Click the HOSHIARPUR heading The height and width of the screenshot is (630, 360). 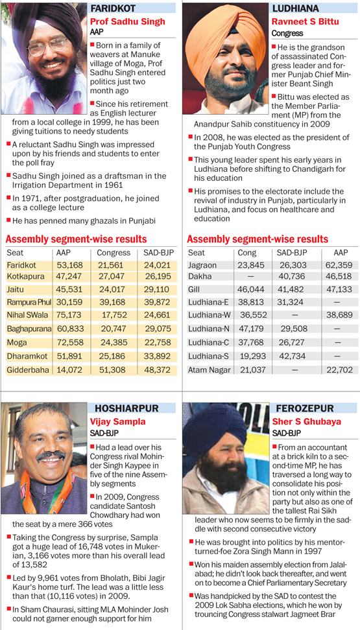tap(126, 408)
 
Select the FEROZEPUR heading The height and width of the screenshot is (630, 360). tap(304, 408)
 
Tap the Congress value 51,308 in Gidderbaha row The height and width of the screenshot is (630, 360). tap(114, 370)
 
